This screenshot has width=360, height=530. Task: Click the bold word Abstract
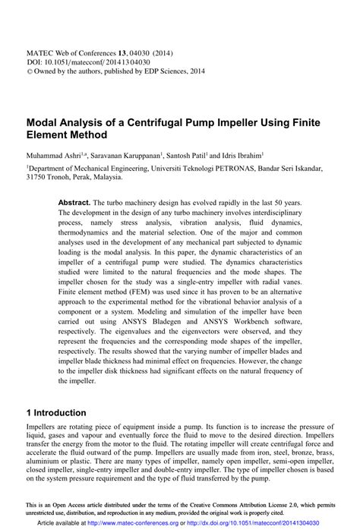[74, 203]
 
